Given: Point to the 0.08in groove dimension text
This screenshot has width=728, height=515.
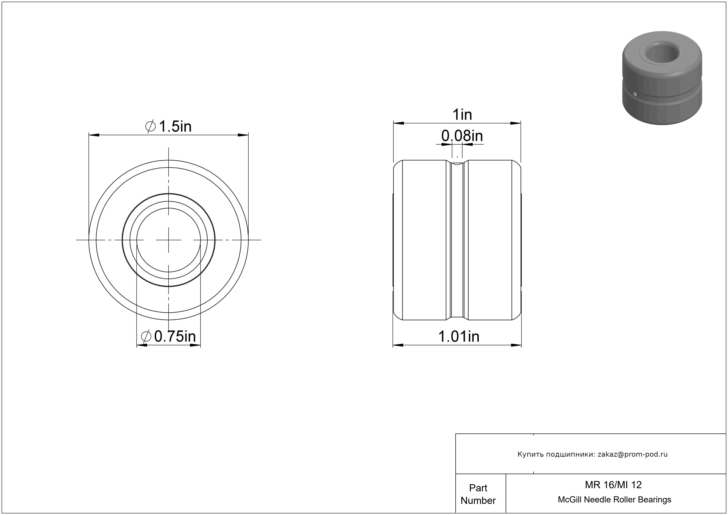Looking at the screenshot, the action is [462, 136].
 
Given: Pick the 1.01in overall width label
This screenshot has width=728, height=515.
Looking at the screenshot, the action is [459, 336].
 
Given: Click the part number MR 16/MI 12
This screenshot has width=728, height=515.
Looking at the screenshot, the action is [613, 485].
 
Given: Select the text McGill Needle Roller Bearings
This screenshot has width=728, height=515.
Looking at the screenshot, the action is [614, 500].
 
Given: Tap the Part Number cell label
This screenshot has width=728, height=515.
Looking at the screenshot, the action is [478, 494].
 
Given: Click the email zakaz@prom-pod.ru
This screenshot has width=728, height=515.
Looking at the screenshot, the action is [633, 454].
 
